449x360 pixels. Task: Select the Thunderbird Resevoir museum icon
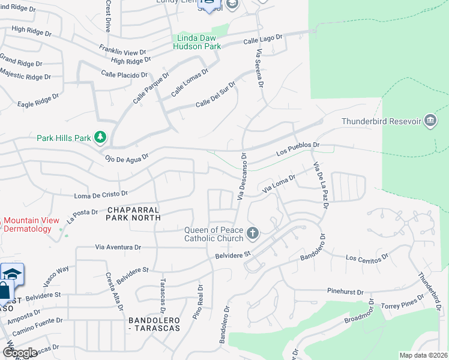point(430,121)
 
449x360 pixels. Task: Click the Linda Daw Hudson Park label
point(197,42)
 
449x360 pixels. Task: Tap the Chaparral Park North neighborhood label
point(134,214)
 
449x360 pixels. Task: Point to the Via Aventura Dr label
point(118,247)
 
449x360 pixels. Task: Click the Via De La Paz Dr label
point(319,185)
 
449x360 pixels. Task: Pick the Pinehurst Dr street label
point(345,292)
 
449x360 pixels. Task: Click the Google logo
point(20,353)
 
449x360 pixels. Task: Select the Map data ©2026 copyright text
point(423,355)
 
